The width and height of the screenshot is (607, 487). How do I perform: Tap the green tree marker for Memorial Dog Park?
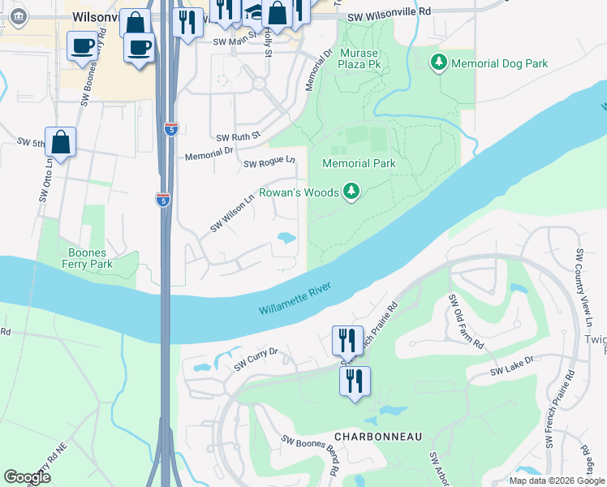tap(439, 62)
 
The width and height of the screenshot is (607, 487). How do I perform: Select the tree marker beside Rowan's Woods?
tap(351, 192)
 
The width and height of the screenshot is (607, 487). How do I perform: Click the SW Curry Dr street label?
tap(256, 358)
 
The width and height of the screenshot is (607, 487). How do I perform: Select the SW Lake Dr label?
tap(512, 365)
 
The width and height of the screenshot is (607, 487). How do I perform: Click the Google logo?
tap(27, 477)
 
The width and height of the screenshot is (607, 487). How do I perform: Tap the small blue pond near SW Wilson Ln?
tap(286, 238)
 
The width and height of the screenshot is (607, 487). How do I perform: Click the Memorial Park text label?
tap(359, 163)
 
